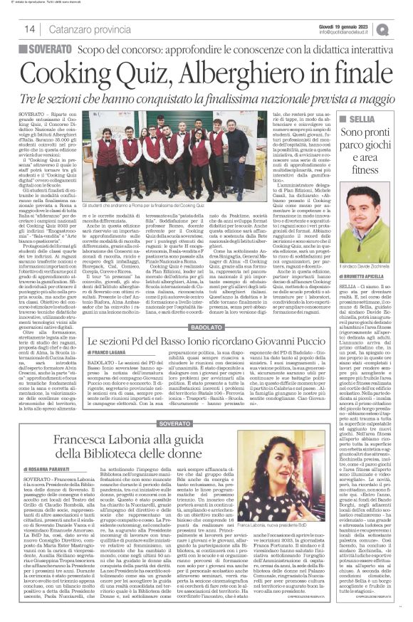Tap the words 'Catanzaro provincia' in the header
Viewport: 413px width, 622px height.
(x=80, y=29)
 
